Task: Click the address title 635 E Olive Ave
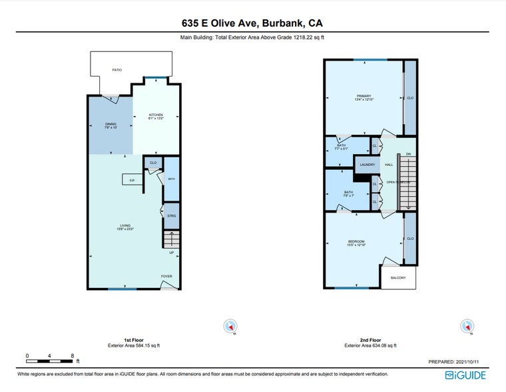[252, 22]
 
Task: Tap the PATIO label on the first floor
[117, 69]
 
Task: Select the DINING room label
[111, 125]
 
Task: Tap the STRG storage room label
[171, 217]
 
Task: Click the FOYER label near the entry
[166, 276]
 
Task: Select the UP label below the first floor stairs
[171, 252]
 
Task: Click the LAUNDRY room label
[368, 165]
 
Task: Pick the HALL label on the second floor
[389, 165]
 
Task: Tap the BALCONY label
[397, 277]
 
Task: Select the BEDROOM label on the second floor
[356, 242]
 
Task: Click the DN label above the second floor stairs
[408, 154]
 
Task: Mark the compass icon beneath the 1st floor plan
[230, 327]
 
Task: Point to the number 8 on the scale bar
[72, 355]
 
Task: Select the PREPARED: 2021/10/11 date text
[457, 362]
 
